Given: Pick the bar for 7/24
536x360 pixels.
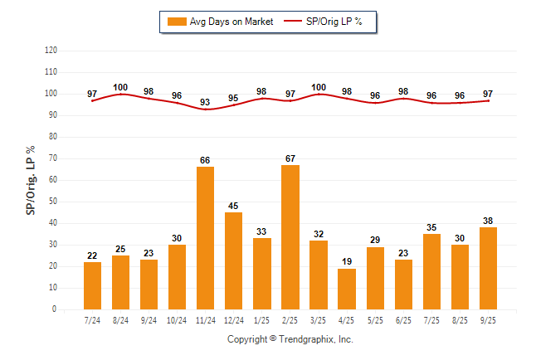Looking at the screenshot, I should tap(92, 285).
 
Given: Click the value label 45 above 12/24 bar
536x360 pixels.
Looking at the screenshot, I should tap(234, 206).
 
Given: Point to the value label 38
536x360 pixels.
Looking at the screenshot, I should tap(488, 221).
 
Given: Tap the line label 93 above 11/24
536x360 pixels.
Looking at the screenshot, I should tap(205, 102).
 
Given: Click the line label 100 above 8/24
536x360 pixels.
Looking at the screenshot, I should tap(120, 87).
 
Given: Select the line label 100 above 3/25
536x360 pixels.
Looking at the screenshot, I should tap(319, 87).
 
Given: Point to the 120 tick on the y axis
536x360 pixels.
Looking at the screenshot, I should tap(51, 51).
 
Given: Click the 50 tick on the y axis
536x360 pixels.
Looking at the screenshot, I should tap(52, 202).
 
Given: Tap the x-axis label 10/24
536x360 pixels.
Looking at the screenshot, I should tap(177, 319).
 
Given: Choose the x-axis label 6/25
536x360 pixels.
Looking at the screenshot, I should tap(403, 319).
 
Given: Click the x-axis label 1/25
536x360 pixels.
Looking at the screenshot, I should tap(262, 319).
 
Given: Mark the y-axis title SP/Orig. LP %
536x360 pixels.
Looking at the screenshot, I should tap(31, 179).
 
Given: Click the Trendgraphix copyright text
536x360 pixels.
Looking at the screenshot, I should tap(290, 339).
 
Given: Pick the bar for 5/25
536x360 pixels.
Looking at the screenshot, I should tap(375, 278).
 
